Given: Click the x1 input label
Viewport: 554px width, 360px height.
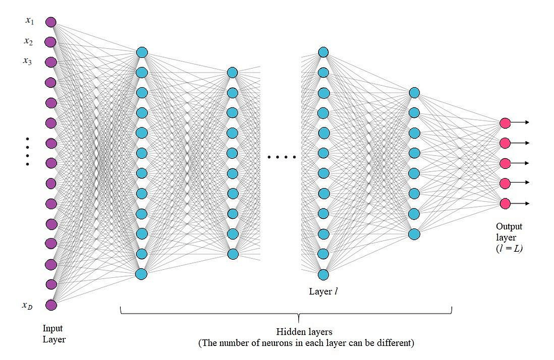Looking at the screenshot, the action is tap(29, 21).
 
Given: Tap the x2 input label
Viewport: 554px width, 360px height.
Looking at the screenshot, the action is tap(28, 41).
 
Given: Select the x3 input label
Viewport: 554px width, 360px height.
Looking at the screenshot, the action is tap(28, 61).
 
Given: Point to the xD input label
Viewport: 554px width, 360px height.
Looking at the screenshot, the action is tap(28, 305).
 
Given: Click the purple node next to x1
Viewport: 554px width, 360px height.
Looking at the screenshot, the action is tap(51, 22).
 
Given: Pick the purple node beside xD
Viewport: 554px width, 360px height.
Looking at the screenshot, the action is tap(51, 305).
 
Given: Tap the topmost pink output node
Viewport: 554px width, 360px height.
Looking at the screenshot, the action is tap(505, 123).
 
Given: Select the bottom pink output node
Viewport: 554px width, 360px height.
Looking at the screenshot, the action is tap(505, 204).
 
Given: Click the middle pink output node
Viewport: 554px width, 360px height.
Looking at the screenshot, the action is tap(505, 164).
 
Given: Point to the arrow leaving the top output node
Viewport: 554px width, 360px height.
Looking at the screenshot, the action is tap(520, 122).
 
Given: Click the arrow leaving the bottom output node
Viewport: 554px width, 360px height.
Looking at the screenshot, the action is tap(520, 204).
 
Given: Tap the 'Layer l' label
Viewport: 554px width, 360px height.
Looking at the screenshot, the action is tap(323, 291).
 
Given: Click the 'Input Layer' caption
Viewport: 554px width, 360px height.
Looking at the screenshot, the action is tap(54, 334).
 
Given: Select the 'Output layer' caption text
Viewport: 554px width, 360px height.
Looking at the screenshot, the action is tap(509, 232).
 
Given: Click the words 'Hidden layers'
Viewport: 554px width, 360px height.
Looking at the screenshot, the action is tap(304, 332).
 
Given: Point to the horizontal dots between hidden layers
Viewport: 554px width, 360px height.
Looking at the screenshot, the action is tap(282, 157).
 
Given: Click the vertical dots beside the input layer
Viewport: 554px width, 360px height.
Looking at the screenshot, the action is tap(28, 151).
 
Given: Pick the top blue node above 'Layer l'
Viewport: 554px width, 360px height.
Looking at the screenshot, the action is tap(323, 52).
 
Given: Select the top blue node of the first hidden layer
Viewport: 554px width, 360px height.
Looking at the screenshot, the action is tap(142, 53).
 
